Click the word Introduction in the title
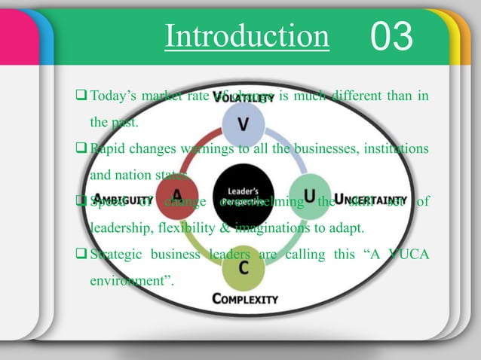247,36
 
